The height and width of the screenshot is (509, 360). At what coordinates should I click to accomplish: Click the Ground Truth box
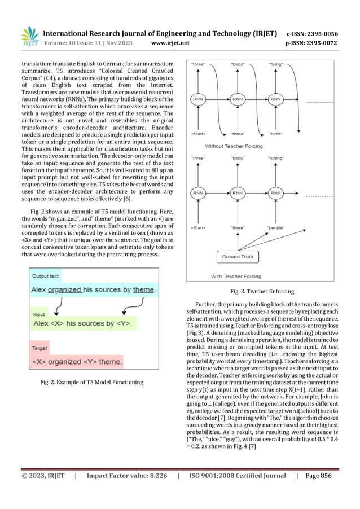238,257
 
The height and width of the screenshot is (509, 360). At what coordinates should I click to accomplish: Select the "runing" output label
276,159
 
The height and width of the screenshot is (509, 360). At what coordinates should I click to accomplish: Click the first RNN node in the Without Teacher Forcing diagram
198,99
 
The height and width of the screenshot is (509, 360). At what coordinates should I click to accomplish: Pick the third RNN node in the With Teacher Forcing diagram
275,193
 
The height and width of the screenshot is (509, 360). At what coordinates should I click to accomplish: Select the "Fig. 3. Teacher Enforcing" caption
263,292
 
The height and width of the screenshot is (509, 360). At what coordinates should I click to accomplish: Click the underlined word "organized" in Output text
64,290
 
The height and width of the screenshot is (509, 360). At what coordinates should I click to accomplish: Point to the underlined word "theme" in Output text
143,290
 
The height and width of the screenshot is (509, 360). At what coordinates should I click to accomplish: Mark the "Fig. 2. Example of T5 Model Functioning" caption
91,383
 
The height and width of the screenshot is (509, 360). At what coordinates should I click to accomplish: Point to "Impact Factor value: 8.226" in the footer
125,476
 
